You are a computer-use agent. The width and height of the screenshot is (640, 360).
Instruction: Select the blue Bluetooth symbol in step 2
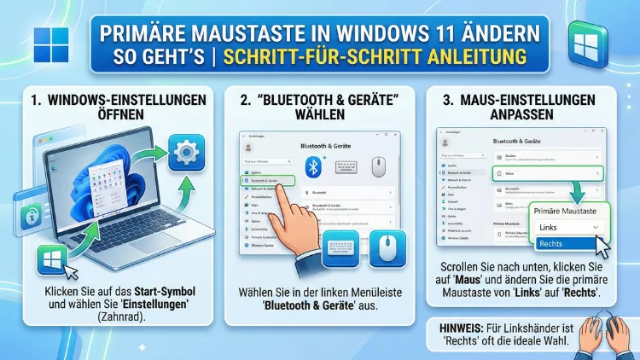pyautogui.click(x=313, y=165)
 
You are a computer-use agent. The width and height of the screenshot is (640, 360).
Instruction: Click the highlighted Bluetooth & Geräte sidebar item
pyautogui.click(x=267, y=181)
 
